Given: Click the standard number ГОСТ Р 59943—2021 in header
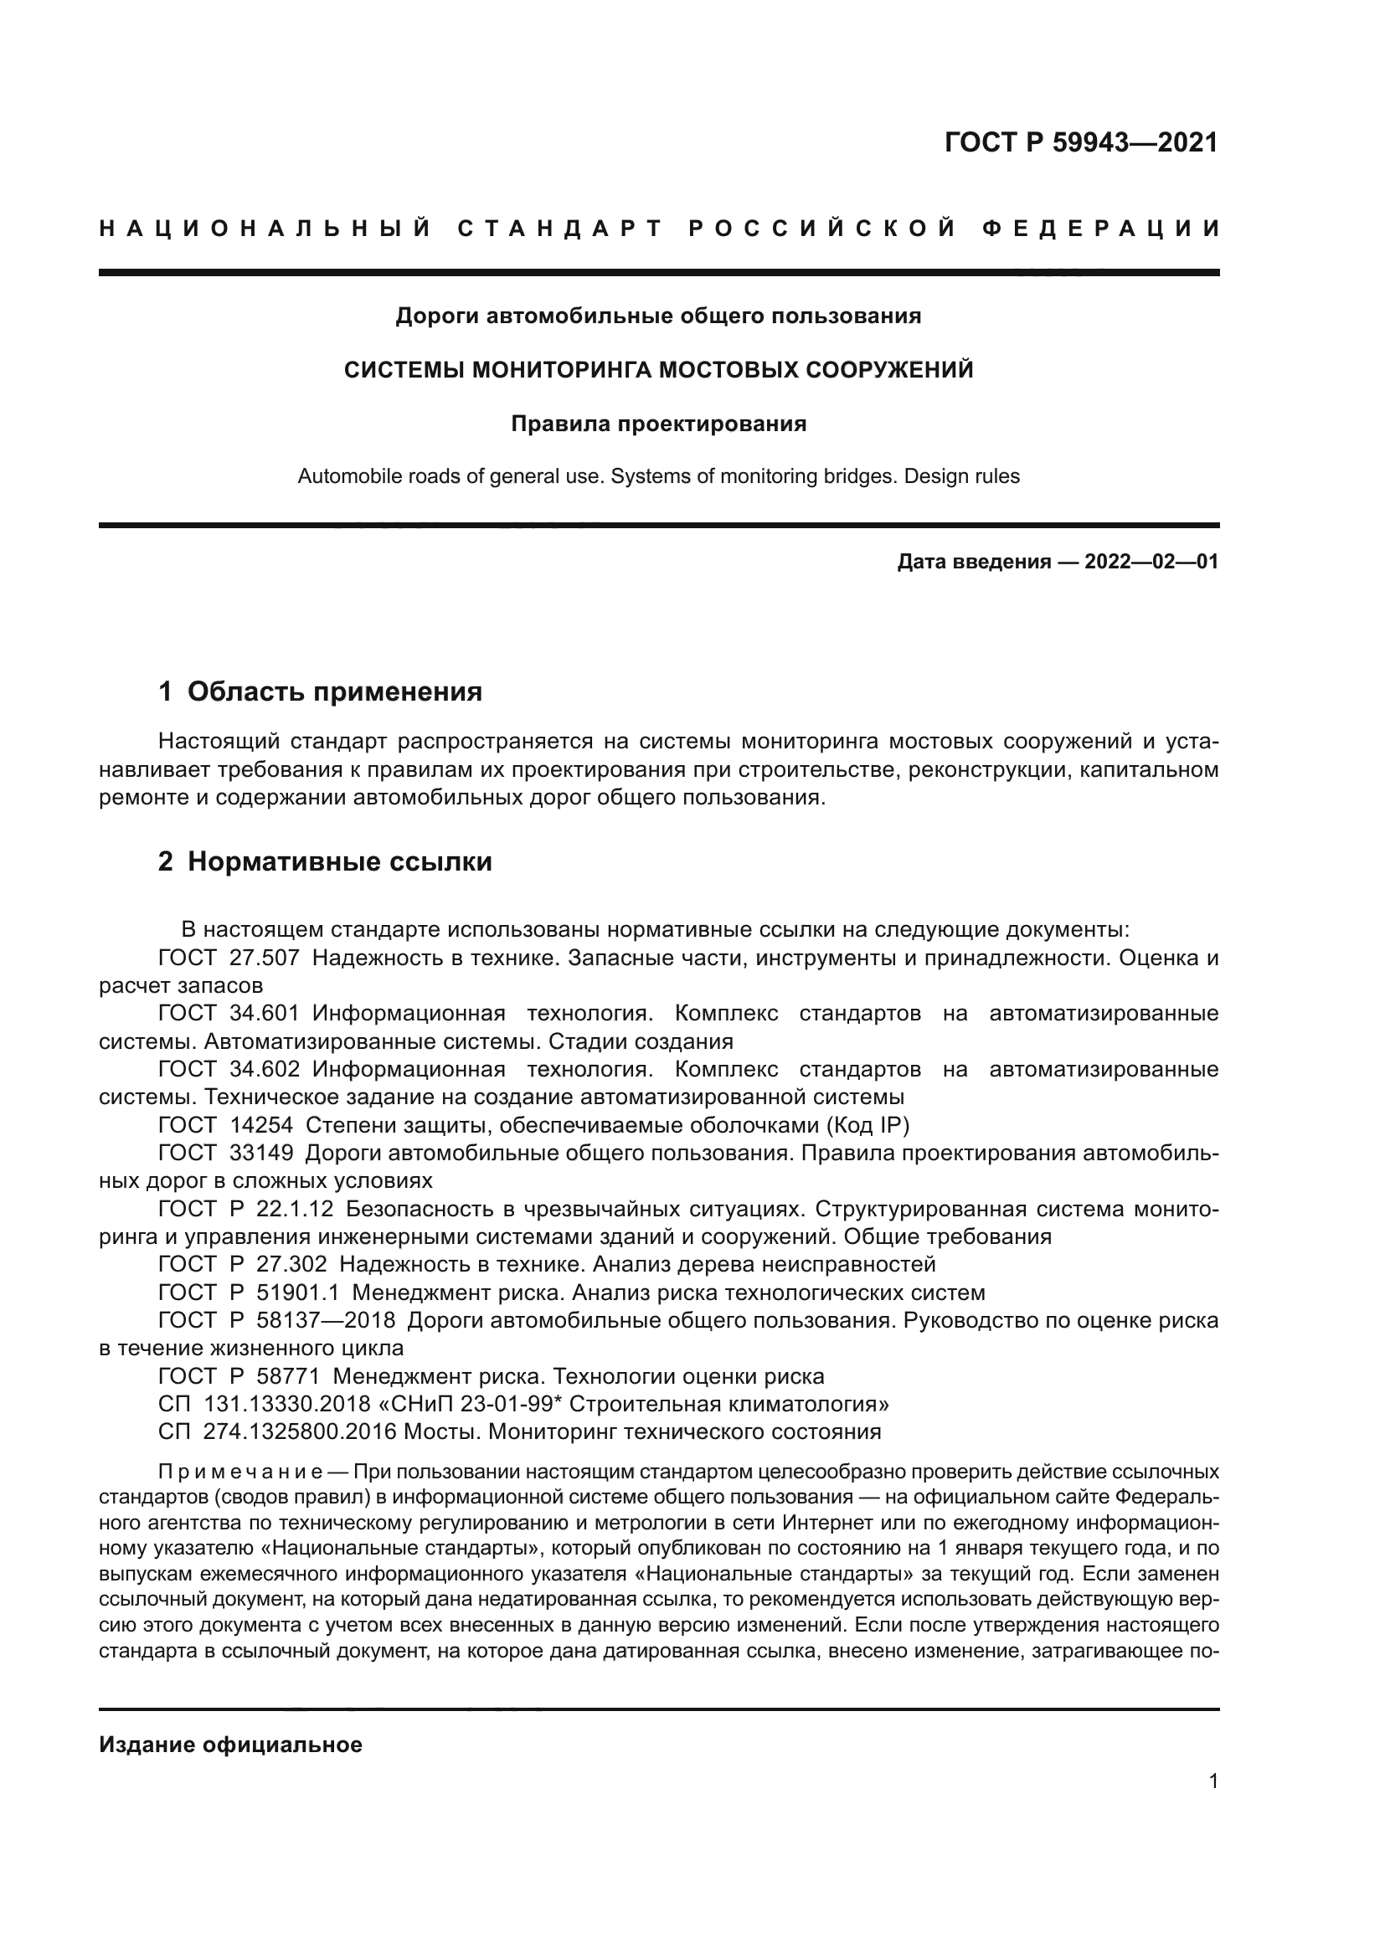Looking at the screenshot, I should click(x=1080, y=142).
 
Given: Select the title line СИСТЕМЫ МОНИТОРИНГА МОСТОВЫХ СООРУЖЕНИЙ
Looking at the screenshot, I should click(x=658, y=370).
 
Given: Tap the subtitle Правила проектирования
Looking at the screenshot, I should click(x=658, y=424).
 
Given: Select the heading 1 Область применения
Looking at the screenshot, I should click(x=321, y=691).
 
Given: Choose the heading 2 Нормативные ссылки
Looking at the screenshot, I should click(x=325, y=861).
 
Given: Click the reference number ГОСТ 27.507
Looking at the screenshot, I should click(x=229, y=958).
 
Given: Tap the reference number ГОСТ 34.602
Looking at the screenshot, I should click(x=229, y=1068).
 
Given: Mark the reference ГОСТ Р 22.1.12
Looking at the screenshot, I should click(x=245, y=1210).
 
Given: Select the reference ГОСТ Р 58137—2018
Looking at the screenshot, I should click(x=276, y=1320).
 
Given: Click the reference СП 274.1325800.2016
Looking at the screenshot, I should click(x=277, y=1431).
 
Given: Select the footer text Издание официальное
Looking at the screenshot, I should click(x=230, y=1745).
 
